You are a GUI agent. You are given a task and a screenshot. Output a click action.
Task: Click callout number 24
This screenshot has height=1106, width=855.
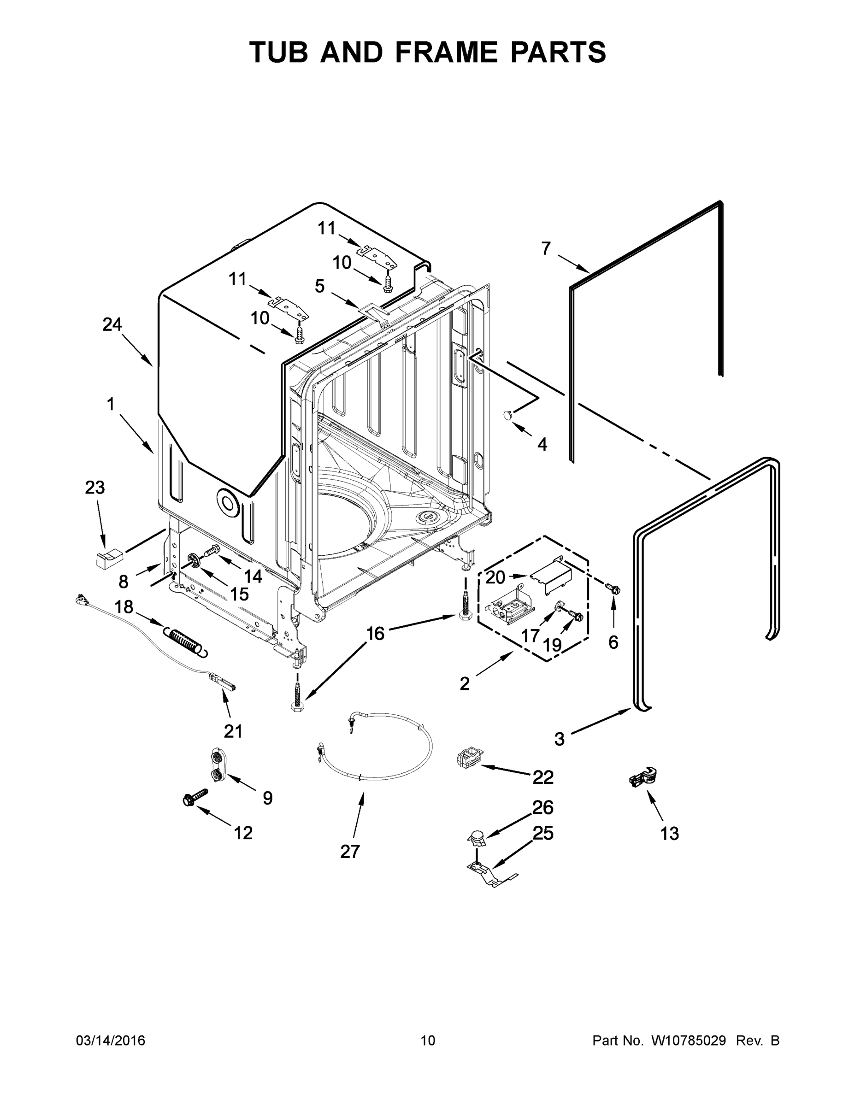112,324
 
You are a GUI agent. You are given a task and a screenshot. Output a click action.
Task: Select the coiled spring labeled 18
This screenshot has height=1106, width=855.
185,641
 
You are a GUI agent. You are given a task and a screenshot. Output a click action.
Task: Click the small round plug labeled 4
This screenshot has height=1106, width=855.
508,415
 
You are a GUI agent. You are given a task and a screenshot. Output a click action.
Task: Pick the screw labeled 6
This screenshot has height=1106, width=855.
613,588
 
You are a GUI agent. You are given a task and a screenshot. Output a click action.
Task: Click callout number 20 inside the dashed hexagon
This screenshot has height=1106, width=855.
495,577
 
